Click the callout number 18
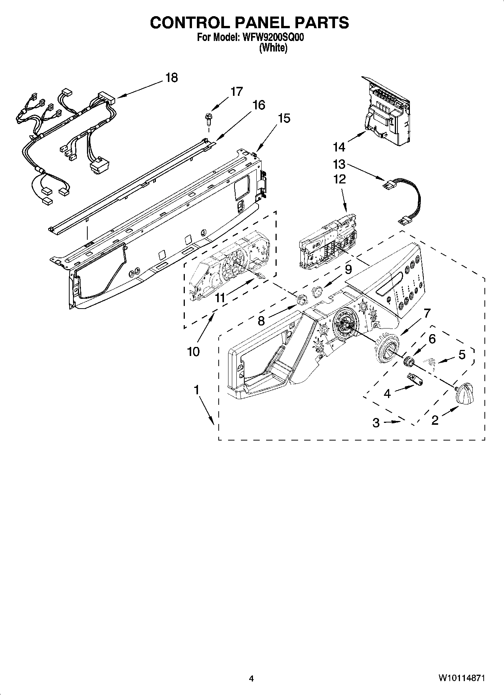(x=171, y=78)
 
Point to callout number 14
(x=339, y=147)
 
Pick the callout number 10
(x=193, y=352)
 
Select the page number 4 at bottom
(x=251, y=678)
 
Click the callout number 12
(x=340, y=179)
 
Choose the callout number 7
(x=427, y=313)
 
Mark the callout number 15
(x=284, y=118)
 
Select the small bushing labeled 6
(x=408, y=362)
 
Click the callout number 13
(x=339, y=164)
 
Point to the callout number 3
(x=376, y=423)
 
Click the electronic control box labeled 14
(x=388, y=113)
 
